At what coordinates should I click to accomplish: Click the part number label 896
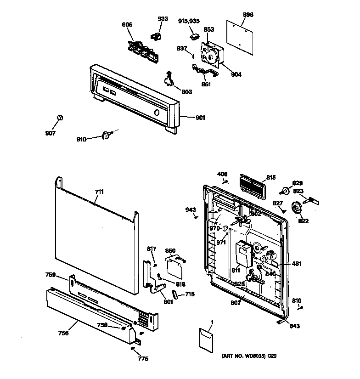247,15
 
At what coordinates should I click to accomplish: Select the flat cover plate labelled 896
240,36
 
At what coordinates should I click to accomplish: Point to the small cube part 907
59,118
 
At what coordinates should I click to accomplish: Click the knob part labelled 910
106,135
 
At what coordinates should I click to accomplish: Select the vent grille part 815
253,187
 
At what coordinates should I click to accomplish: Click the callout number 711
99,191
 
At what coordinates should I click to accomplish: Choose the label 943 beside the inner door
191,210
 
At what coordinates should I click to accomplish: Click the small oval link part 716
175,294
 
